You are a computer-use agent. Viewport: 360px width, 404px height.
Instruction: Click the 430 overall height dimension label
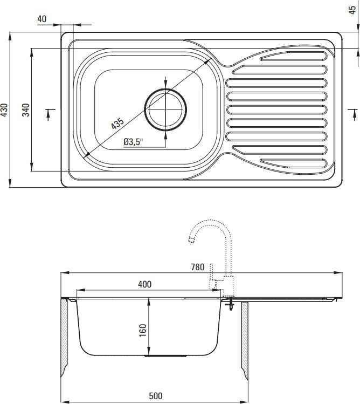(x=4, y=109)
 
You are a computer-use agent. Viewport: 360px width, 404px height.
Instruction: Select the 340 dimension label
(x=26, y=109)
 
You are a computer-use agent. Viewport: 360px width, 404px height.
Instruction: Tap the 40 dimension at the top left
(x=42, y=19)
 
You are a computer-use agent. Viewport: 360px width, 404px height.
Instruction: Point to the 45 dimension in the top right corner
(x=352, y=10)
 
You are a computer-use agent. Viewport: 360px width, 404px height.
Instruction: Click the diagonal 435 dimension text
(x=117, y=124)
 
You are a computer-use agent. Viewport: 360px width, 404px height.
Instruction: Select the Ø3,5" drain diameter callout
(x=133, y=142)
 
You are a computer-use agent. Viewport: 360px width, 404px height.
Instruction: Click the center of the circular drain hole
(x=165, y=109)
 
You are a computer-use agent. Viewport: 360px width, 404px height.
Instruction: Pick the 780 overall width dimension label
(x=197, y=267)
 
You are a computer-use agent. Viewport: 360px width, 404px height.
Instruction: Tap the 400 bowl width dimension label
(x=145, y=284)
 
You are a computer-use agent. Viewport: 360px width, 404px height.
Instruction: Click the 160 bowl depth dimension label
(x=142, y=330)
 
